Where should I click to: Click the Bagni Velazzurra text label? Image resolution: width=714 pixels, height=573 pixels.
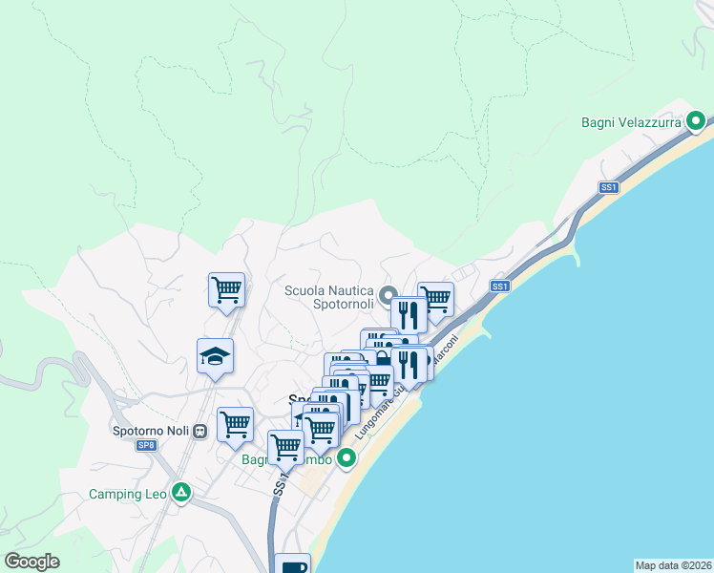pos(631,122)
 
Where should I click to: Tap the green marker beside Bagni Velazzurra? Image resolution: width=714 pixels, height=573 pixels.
pos(696,121)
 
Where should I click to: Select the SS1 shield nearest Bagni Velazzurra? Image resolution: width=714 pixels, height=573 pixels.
pos(609,188)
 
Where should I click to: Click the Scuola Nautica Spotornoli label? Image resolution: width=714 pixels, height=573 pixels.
pos(328,297)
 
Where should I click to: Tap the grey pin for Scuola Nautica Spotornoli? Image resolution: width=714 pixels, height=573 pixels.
pos(387,295)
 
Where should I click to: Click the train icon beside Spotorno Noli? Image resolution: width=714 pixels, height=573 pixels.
pos(200,431)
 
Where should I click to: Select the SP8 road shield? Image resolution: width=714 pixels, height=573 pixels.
pos(146,446)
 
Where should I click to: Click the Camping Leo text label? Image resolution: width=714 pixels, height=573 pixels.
pos(127,494)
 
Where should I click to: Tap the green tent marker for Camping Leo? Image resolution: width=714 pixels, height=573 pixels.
pos(181,493)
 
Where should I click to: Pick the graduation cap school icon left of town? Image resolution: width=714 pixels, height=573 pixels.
pos(215,356)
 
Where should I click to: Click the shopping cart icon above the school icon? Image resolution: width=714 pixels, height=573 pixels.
pos(226,288)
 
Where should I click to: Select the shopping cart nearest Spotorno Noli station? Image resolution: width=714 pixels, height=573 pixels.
pos(235,423)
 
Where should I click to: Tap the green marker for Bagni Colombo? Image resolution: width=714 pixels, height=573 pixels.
pos(346,458)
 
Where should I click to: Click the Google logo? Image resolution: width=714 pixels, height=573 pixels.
pos(31,562)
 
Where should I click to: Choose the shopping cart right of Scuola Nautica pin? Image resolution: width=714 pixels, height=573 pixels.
pos(435,298)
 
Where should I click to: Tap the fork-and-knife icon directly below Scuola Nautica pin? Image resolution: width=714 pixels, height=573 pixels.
pos(409,313)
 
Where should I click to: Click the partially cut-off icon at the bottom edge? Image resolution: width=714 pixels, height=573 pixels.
pos(292,563)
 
